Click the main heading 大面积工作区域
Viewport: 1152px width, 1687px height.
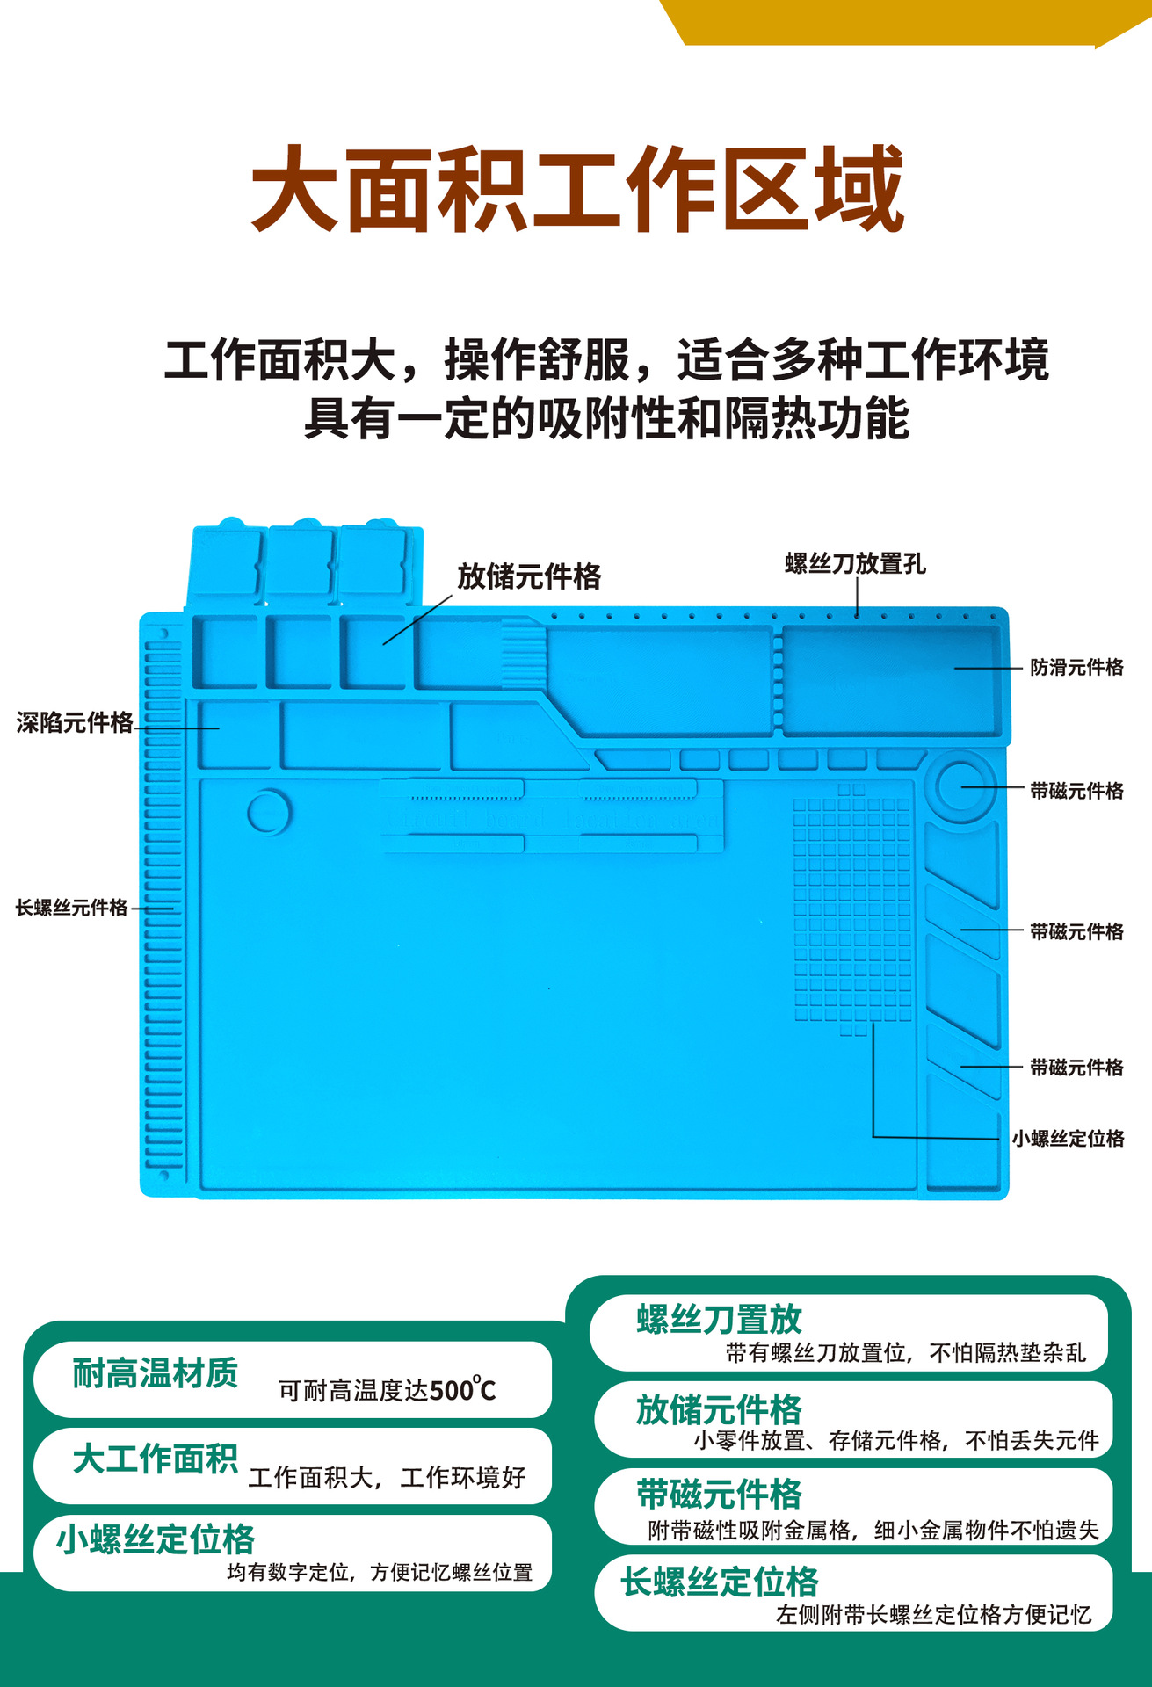pyautogui.click(x=577, y=190)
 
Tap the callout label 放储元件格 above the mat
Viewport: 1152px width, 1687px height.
pyautogui.click(x=529, y=576)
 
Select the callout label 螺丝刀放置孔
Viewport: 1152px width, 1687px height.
pyautogui.click(x=855, y=563)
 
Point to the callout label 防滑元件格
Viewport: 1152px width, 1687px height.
pyautogui.click(x=1076, y=668)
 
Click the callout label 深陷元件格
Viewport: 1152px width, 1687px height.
pyautogui.click(x=75, y=723)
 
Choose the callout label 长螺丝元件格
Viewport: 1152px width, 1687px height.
pyautogui.click(x=72, y=908)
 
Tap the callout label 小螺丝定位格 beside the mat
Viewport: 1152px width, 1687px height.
pyautogui.click(x=1068, y=1139)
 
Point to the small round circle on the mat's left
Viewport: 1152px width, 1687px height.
pyautogui.click(x=269, y=811)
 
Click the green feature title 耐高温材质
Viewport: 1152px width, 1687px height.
pyautogui.click(x=156, y=1372)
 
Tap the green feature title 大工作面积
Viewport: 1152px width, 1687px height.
pyautogui.click(x=156, y=1459)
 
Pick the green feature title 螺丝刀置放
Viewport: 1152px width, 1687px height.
pyautogui.click(x=720, y=1319)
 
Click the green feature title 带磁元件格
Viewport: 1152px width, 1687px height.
pyautogui.click(x=720, y=1494)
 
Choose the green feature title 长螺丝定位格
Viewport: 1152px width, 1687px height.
pyautogui.click(x=720, y=1582)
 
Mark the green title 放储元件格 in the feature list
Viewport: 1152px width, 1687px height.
pyautogui.click(x=720, y=1409)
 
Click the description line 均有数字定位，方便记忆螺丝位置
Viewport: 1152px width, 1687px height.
pyautogui.click(x=380, y=1572)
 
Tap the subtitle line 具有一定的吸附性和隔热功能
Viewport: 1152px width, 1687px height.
pyautogui.click(x=606, y=418)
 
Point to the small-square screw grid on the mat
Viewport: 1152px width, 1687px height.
pyautogui.click(x=852, y=909)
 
